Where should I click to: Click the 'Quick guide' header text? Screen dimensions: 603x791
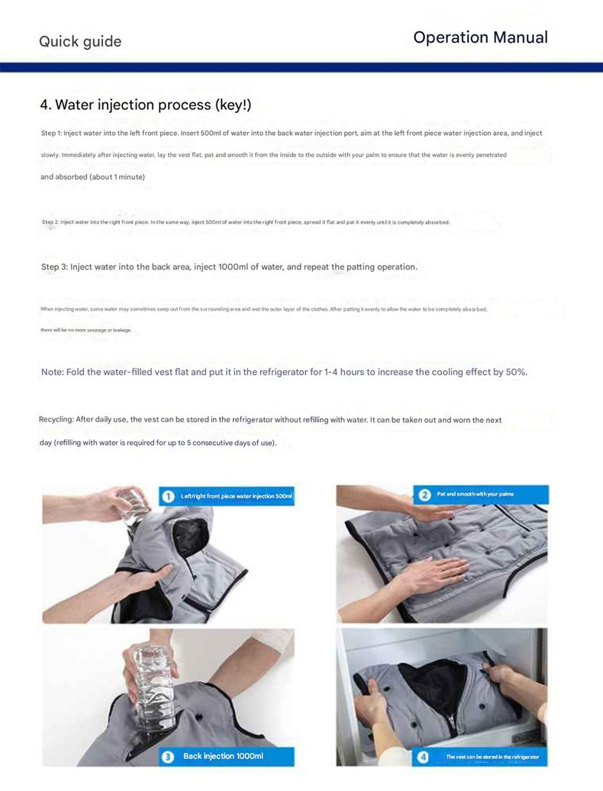(80, 41)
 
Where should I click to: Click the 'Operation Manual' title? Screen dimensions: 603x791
(480, 37)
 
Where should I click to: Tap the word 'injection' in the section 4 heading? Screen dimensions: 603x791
(125, 105)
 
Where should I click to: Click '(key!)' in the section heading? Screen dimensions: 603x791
(233, 105)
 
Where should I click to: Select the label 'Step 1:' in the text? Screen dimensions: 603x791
(51, 133)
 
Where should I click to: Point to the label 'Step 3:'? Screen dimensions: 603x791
(54, 267)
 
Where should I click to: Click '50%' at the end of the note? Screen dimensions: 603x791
(516, 373)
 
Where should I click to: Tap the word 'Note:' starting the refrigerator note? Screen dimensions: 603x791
(53, 373)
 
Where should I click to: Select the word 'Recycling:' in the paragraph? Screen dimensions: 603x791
(56, 420)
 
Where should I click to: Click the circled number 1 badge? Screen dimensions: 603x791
(167, 496)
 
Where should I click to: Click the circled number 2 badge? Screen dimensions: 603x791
(424, 495)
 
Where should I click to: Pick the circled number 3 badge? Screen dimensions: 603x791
(167, 757)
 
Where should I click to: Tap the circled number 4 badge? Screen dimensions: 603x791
(423, 757)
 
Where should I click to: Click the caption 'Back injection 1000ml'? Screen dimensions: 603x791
(223, 756)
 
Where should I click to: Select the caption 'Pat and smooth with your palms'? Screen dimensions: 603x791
(476, 495)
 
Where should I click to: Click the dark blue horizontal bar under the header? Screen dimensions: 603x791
(301, 68)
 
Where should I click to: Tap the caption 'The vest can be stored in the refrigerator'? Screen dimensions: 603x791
(492, 757)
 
